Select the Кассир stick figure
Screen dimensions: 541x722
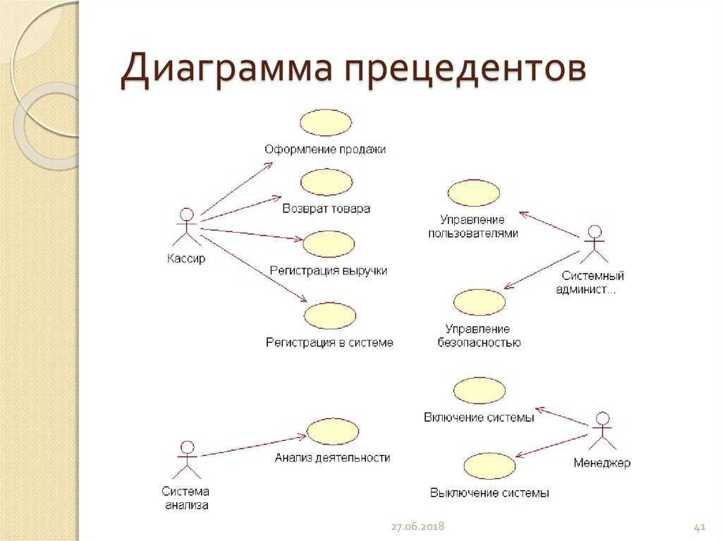(x=187, y=227)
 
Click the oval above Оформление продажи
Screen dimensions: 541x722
(x=325, y=122)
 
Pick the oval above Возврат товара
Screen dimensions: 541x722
(x=326, y=182)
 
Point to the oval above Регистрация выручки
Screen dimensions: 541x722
(x=329, y=244)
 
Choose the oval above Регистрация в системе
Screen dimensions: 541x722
(x=330, y=315)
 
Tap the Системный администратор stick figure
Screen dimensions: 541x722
(x=594, y=244)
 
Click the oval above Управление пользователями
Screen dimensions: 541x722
(x=473, y=193)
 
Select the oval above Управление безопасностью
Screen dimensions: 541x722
(x=479, y=302)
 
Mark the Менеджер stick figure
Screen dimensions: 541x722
(x=601, y=430)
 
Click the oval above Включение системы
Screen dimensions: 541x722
(x=479, y=390)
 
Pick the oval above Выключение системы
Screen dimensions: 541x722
(x=489, y=466)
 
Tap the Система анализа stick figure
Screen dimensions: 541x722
(x=187, y=459)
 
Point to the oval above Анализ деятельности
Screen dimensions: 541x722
(x=333, y=432)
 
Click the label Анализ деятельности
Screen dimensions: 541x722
(x=333, y=457)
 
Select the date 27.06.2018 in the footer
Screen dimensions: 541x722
(x=419, y=527)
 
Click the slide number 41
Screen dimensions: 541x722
(x=700, y=527)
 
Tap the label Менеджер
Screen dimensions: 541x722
(x=601, y=463)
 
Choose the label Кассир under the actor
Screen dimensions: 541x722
(x=186, y=259)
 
